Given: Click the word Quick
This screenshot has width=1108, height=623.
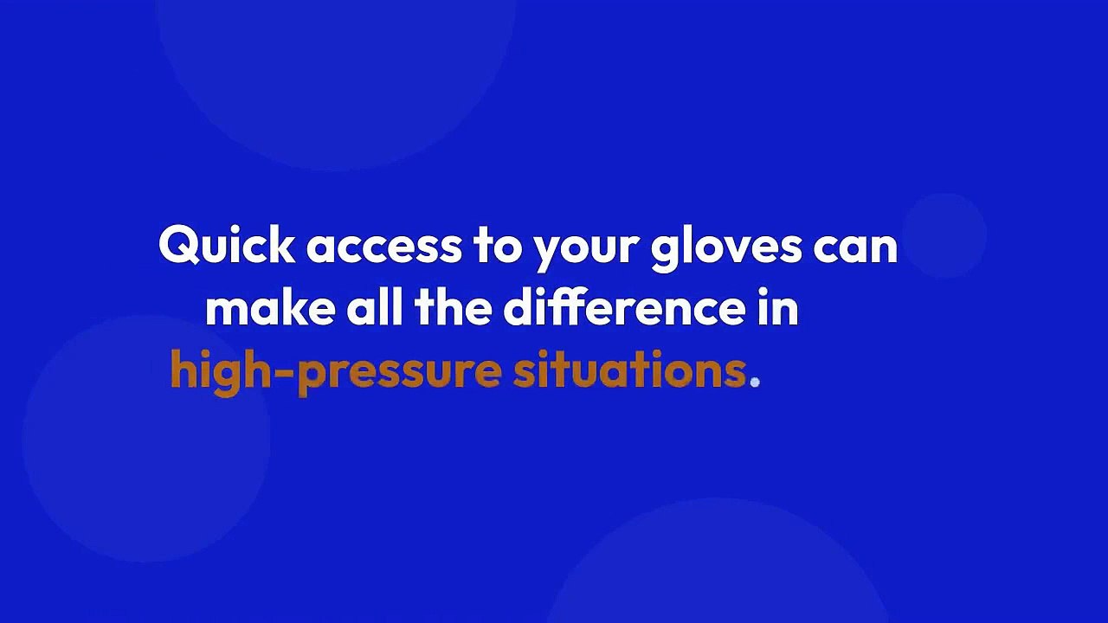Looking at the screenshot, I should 227,246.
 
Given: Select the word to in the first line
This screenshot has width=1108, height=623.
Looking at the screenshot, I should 498,247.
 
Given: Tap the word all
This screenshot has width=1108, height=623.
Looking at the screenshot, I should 375,308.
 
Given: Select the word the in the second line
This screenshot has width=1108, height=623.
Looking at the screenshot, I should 453,308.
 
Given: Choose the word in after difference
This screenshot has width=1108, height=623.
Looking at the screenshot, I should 779,309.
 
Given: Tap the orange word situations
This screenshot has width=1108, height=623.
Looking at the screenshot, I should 629,370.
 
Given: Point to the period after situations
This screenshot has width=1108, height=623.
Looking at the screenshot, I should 755,381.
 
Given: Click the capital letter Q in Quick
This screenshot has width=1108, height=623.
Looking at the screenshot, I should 178,246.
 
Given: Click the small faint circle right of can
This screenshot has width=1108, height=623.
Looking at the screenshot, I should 944,235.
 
